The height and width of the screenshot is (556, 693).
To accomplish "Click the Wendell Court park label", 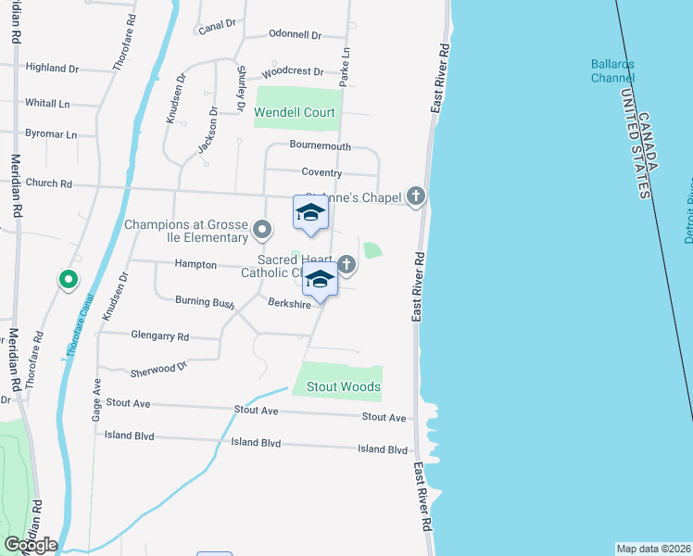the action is (295, 113).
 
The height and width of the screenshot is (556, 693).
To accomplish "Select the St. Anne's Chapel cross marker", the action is (417, 196).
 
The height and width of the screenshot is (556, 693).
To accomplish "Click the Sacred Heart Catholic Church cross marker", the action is (346, 265).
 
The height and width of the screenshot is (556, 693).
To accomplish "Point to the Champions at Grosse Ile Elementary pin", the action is (263, 228).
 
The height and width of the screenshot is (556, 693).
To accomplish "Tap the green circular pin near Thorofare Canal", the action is (68, 278).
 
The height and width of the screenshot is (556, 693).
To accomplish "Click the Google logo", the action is (31, 545).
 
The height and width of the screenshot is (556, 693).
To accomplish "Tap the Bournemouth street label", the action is (320, 146).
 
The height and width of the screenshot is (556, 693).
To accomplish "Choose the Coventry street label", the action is (321, 173).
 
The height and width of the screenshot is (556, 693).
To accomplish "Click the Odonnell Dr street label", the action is (294, 35).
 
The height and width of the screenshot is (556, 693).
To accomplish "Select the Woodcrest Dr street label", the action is (293, 71).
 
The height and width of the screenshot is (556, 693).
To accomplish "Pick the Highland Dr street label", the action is (52, 68).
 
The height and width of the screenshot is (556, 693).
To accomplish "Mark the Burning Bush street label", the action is (204, 301).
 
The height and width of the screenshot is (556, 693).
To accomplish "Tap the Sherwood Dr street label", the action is (160, 368).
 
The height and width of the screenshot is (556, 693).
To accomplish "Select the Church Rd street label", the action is (49, 183).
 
